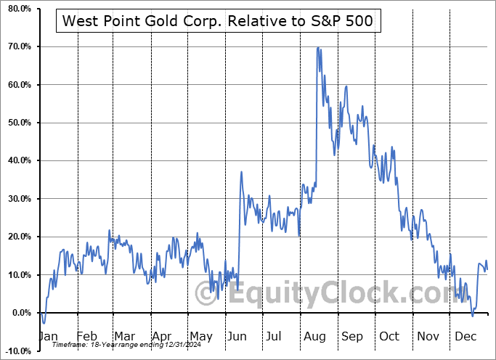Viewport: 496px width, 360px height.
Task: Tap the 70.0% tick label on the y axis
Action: click(17, 47)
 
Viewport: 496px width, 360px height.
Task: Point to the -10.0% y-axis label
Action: click(15, 351)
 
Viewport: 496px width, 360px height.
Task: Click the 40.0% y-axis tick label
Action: click(17, 160)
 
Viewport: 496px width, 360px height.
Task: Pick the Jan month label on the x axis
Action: click(47, 337)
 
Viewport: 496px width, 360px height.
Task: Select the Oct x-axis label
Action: click(389, 337)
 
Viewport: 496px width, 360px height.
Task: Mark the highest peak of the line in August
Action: click(318, 48)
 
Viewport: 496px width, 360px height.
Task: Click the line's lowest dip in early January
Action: click(44, 323)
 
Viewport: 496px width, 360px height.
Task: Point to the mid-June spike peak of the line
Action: click(241, 172)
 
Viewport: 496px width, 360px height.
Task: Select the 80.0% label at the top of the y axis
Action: click(17, 9)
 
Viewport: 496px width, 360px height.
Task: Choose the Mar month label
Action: click(123, 337)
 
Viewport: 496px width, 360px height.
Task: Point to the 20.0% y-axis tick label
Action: click(17, 237)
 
